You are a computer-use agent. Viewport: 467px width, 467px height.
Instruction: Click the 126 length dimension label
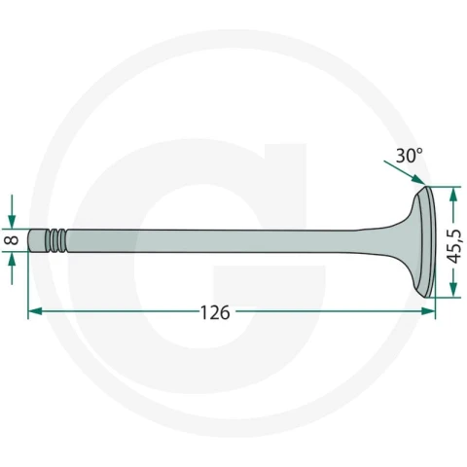215,312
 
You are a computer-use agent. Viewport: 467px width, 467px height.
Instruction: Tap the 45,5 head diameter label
453,246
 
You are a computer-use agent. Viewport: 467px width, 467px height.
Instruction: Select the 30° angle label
410,156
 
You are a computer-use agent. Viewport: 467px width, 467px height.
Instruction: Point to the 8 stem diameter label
13,240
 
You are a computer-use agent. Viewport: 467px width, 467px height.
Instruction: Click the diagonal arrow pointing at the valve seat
404,172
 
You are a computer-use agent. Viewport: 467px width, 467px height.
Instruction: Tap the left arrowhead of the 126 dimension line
35,311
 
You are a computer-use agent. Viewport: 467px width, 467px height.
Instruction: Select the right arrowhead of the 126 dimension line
428,311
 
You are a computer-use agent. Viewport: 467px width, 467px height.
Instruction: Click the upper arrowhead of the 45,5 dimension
453,194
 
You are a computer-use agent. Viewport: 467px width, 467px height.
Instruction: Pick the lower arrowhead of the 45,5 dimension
453,290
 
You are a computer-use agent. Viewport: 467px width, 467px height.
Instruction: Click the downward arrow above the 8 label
12,211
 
